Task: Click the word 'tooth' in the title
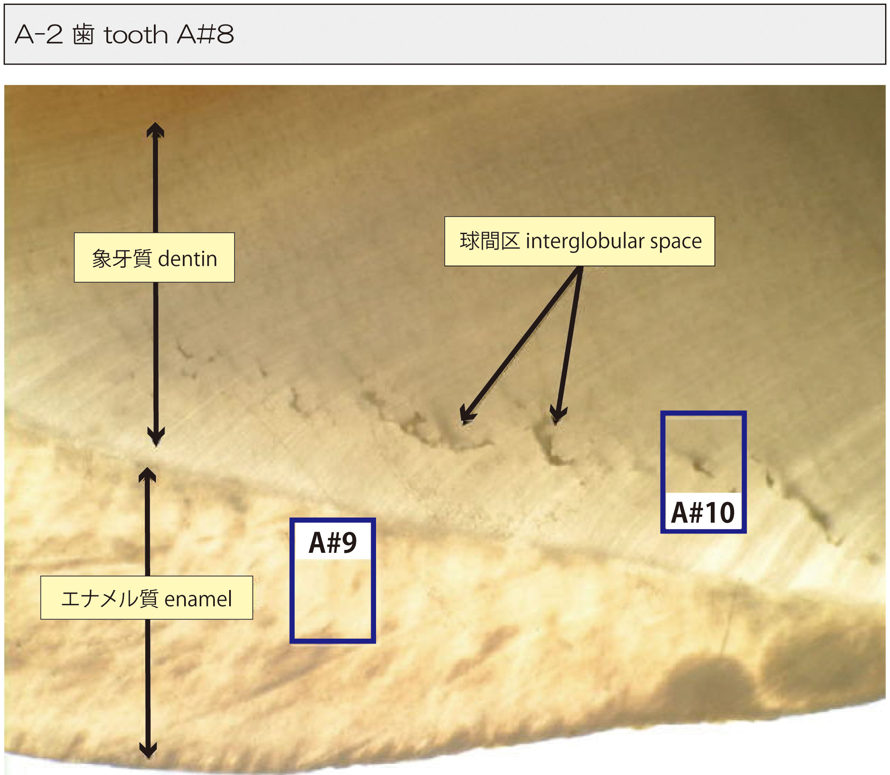(136, 35)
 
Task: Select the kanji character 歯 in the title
(83, 35)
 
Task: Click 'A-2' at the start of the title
(38, 35)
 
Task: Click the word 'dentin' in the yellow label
(188, 259)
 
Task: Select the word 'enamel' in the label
(198, 599)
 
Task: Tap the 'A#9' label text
(333, 543)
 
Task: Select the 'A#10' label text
(703, 512)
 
